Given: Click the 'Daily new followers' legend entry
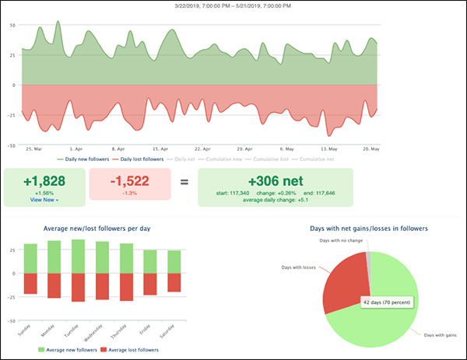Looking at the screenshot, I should [86, 159].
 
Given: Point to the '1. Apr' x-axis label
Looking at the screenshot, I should [76, 148].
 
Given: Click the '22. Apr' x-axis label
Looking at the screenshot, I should [203, 148].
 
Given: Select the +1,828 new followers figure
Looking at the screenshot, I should [44, 180].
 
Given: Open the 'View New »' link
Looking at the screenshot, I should [44, 199].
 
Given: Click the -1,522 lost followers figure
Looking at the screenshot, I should [129, 180].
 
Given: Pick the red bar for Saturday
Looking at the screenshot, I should [173, 281].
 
